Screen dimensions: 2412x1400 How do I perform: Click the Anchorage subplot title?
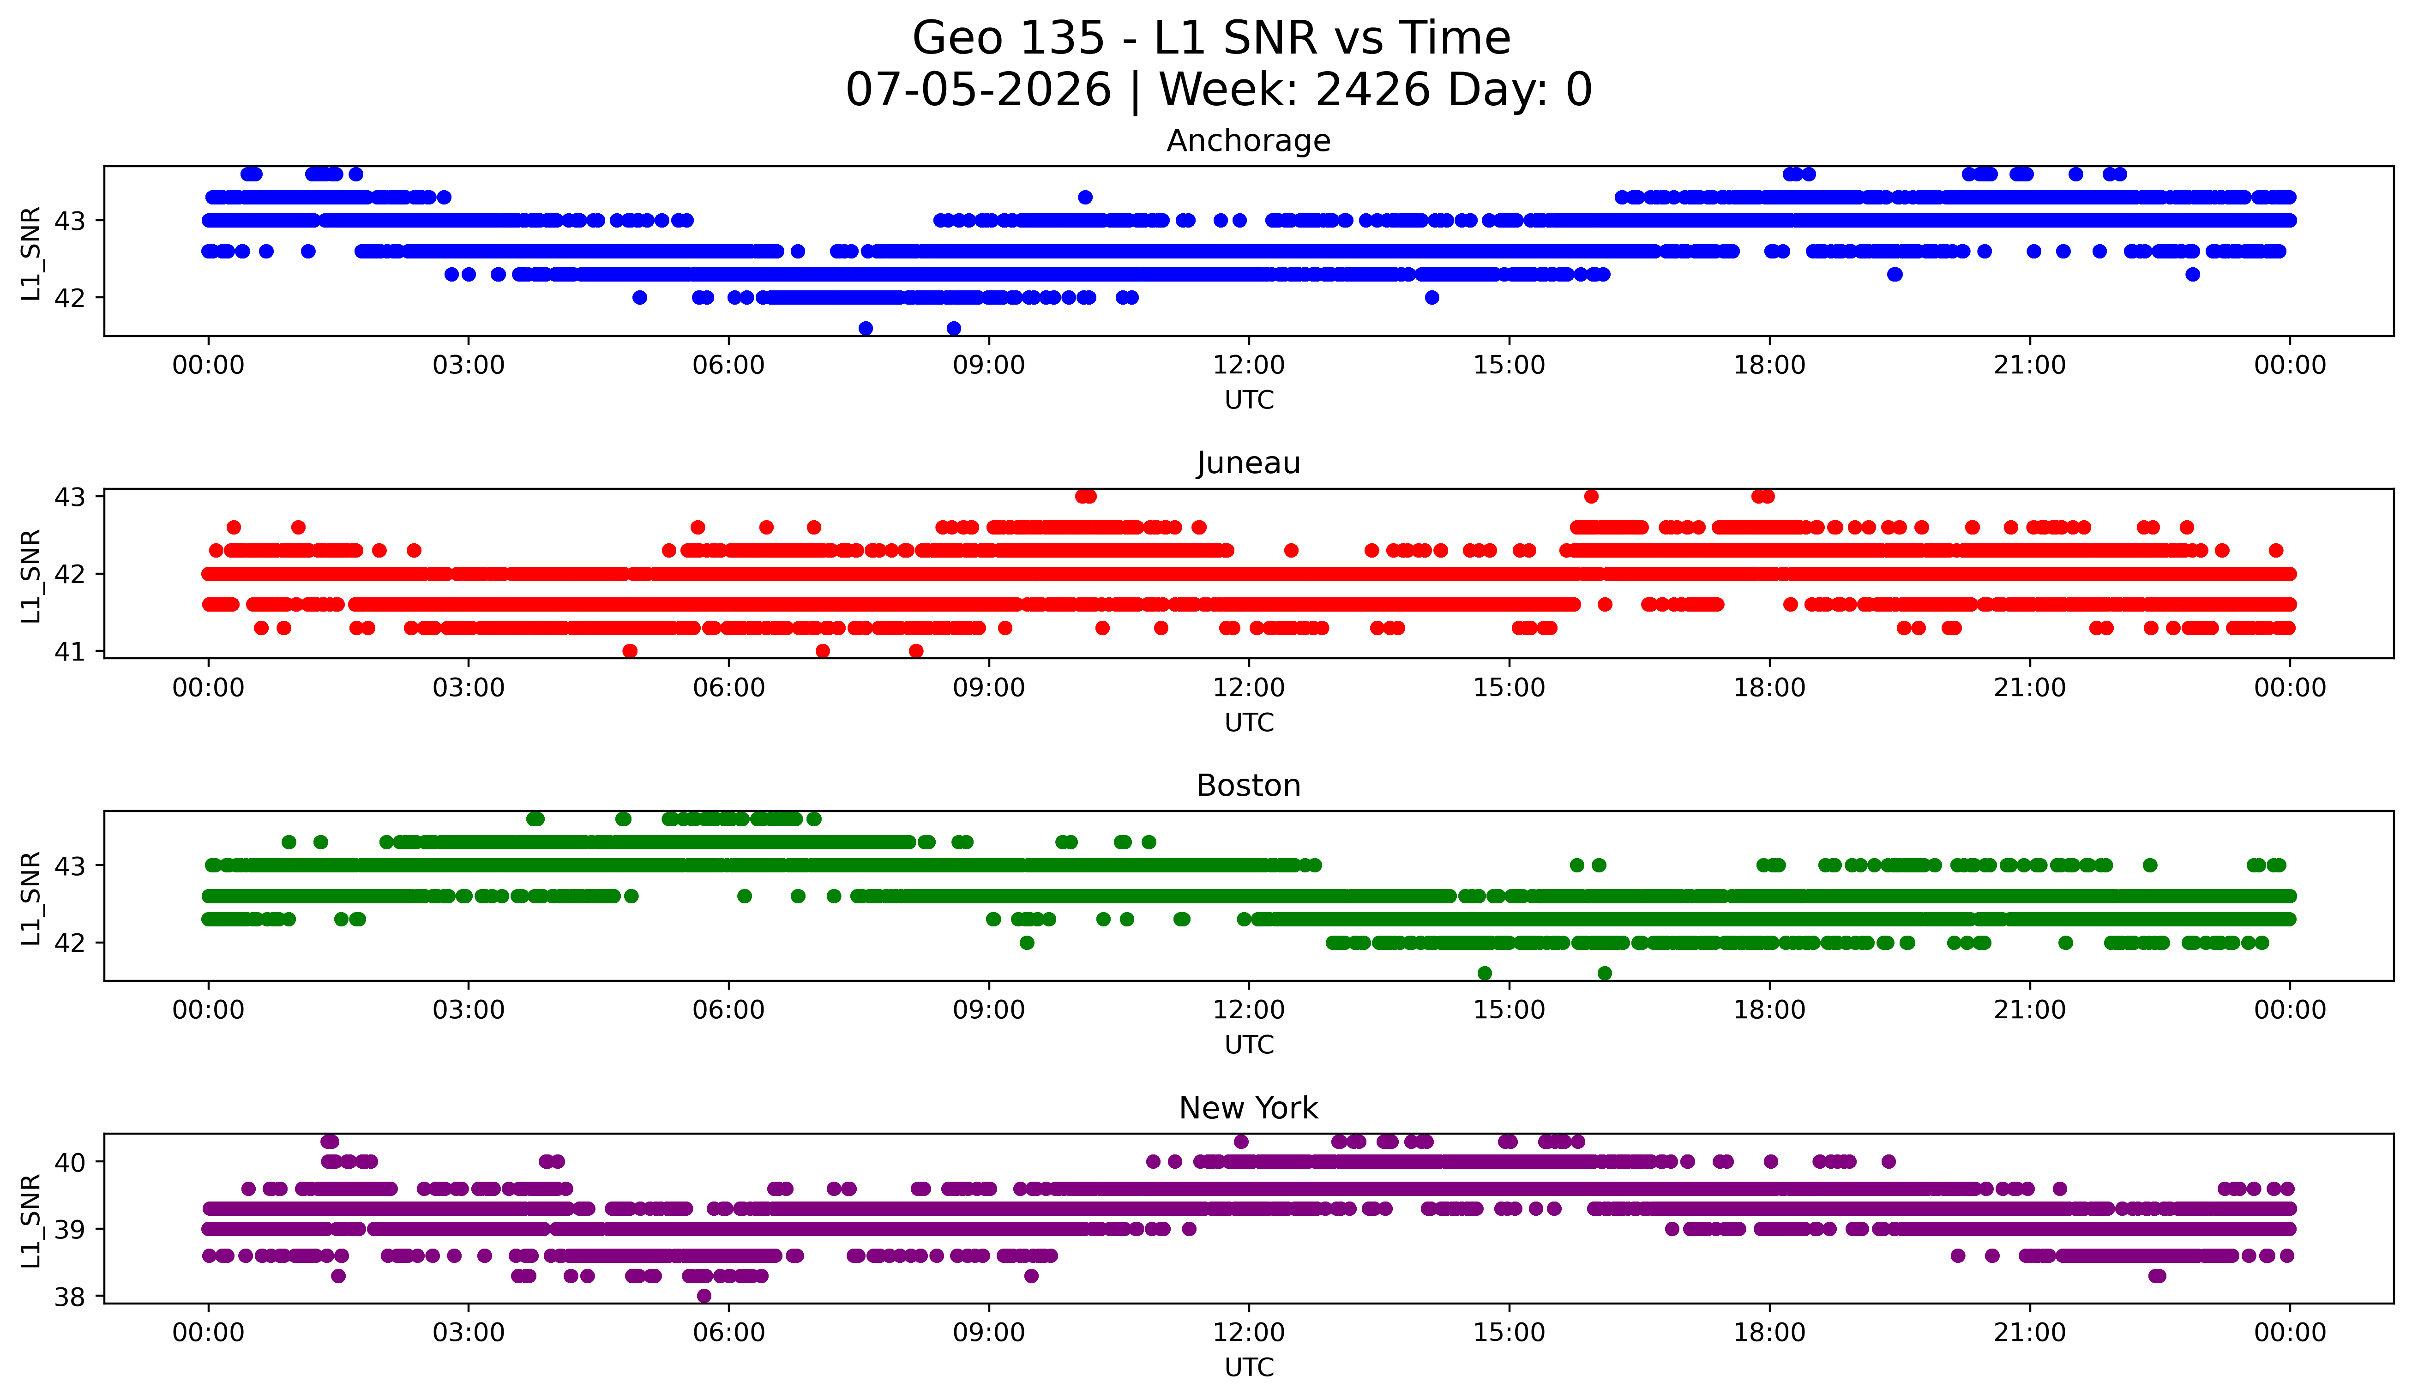click(x=1248, y=141)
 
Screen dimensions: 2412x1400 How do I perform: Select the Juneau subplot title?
click(x=1248, y=463)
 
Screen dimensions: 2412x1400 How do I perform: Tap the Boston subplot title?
click(x=1248, y=786)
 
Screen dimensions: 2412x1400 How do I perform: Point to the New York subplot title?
click(x=1248, y=1108)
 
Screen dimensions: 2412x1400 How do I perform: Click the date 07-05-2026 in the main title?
click(x=978, y=90)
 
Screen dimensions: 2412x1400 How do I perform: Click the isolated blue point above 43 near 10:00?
click(x=1084, y=197)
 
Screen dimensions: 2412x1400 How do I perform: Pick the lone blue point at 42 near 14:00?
click(x=1432, y=298)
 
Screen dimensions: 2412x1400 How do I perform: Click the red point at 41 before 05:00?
click(x=630, y=651)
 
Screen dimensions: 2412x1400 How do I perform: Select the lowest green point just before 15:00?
click(x=1485, y=973)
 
